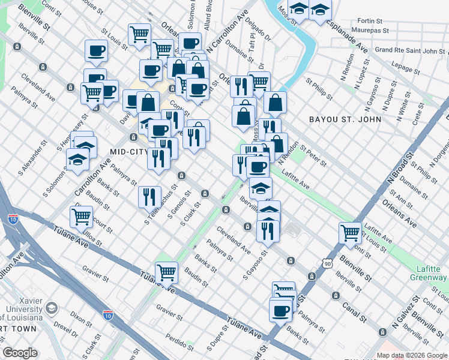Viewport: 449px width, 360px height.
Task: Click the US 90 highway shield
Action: pyautogui.click(x=327, y=263)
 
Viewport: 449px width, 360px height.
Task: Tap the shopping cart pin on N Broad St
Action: pyautogui.click(x=350, y=233)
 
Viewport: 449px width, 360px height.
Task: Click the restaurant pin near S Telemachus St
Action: pyautogui.click(x=149, y=196)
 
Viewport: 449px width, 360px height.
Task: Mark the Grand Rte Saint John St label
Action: pyautogui.click(x=409, y=50)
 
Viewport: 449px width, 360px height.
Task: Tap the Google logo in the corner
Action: pyautogui.click(x=20, y=353)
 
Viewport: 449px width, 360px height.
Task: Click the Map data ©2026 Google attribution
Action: pyautogui.click(x=411, y=355)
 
